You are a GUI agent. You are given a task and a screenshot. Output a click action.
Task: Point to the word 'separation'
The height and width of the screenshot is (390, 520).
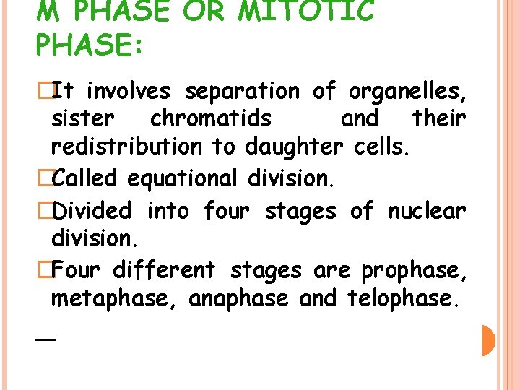tap(242, 92)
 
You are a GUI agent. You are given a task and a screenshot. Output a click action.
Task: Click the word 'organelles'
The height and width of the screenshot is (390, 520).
tap(407, 92)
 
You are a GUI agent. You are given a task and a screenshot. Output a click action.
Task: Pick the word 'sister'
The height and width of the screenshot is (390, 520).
tap(83, 118)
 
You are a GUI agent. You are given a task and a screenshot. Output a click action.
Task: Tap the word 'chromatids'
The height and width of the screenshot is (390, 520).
tap(211, 118)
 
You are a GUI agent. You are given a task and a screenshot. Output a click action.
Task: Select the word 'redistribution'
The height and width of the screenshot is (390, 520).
tap(127, 147)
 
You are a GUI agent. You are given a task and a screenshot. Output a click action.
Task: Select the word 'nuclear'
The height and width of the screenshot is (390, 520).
tap(427, 212)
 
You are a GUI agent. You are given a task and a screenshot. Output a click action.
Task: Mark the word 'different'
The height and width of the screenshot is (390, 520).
tap(164, 270)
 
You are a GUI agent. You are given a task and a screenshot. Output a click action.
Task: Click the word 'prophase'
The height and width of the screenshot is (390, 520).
tap(414, 271)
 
